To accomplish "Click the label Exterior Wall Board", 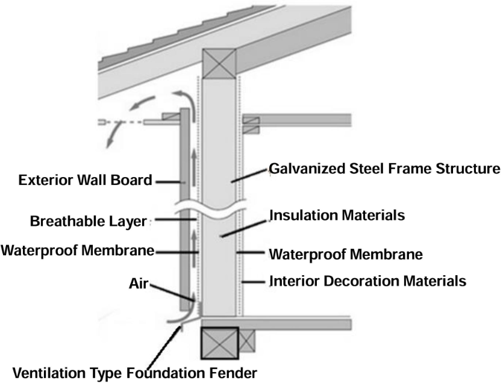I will click(x=85, y=180).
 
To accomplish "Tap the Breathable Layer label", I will click(x=88, y=222).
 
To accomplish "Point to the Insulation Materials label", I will click(x=336, y=215).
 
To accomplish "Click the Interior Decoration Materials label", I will click(x=367, y=281).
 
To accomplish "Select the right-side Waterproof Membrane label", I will click(x=345, y=254).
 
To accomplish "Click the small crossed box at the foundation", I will click(x=248, y=341).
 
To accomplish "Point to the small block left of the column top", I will click(x=170, y=116).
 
